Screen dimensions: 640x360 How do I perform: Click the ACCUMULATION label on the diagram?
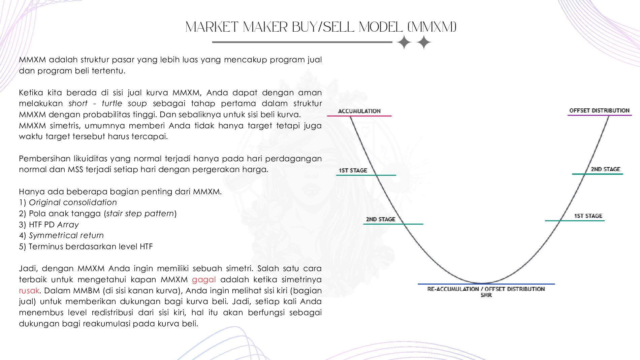[x=359, y=111]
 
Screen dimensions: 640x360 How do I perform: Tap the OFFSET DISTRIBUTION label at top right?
[x=599, y=110]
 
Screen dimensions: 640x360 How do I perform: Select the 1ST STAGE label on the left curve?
[x=353, y=170]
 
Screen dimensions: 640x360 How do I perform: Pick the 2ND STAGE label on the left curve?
[x=381, y=219]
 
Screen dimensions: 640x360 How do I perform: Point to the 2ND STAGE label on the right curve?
[x=605, y=169]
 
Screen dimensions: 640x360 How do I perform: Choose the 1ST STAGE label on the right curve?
[x=588, y=216]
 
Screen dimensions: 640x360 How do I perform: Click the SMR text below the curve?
[x=486, y=295]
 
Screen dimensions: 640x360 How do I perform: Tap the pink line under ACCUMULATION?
[x=359, y=116]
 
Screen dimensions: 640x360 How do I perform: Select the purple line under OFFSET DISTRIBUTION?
[x=600, y=115]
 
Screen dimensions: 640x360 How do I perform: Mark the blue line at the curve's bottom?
[x=486, y=284]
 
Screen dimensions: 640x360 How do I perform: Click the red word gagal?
[x=204, y=280]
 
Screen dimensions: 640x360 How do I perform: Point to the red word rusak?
[x=29, y=290]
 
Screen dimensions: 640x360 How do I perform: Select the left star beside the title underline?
[x=404, y=43]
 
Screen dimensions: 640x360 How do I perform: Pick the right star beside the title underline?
[x=424, y=43]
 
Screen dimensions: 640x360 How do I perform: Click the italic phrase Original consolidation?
[x=73, y=202]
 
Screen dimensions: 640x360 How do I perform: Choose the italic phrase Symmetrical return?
[x=66, y=235]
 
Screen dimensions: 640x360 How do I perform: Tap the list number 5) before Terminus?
[x=23, y=247]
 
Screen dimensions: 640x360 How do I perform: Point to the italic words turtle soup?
[x=124, y=103]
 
